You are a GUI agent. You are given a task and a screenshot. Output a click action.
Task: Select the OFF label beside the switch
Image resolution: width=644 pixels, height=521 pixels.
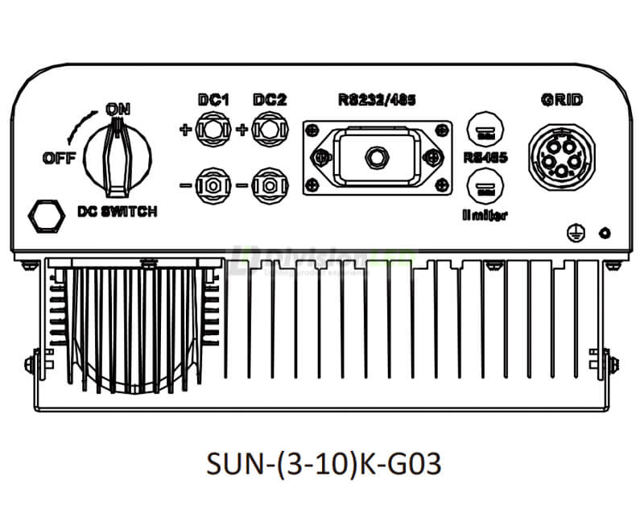coord(60,158)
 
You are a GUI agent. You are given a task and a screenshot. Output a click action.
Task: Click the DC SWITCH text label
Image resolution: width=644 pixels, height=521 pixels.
coord(117,212)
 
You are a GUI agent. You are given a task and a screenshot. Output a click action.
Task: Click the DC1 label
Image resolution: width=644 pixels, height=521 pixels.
coord(214,101)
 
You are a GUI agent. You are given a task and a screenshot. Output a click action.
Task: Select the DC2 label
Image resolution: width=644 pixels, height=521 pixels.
coord(269,101)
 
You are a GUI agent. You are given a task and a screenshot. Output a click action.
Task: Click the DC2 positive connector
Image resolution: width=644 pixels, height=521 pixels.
coord(265,129)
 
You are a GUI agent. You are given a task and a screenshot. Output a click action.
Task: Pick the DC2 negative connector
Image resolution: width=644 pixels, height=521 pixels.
coord(265,184)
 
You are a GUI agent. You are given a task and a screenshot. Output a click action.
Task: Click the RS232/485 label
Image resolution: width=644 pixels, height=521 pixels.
coord(374,101)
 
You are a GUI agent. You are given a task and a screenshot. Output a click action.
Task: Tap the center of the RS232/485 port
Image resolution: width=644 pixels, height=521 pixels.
coord(374,158)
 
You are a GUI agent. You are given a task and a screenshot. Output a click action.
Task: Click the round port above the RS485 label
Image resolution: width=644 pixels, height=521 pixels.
coord(485,130)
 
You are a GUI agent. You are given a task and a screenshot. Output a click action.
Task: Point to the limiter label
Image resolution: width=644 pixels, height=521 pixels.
coord(485,215)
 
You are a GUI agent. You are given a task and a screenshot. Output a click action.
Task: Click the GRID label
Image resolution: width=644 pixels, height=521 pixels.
coord(563,101)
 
